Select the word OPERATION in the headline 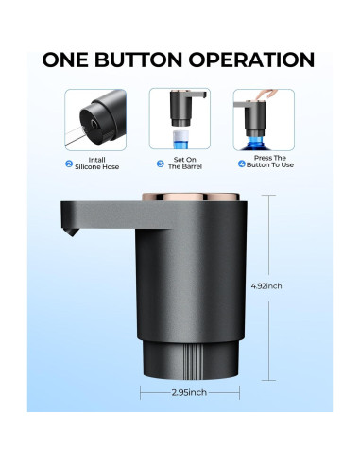tap(259, 60)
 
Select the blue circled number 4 tap(243, 163)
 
